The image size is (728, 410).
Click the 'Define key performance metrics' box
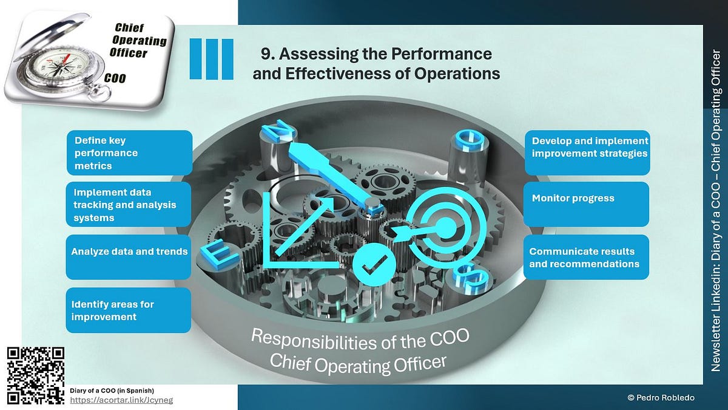(129, 152)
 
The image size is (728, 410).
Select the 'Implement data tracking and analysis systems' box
(129, 205)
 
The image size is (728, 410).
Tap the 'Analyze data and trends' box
(129, 257)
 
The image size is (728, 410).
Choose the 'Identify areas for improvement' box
(129, 310)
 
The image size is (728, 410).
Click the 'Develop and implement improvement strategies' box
(586, 153)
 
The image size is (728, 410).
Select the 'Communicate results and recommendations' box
(586, 257)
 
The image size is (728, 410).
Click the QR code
(35, 375)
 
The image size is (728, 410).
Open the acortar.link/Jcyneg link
(122, 400)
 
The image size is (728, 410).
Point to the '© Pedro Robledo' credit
(661, 398)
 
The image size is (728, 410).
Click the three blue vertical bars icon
(212, 59)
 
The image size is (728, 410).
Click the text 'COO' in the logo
(116, 78)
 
